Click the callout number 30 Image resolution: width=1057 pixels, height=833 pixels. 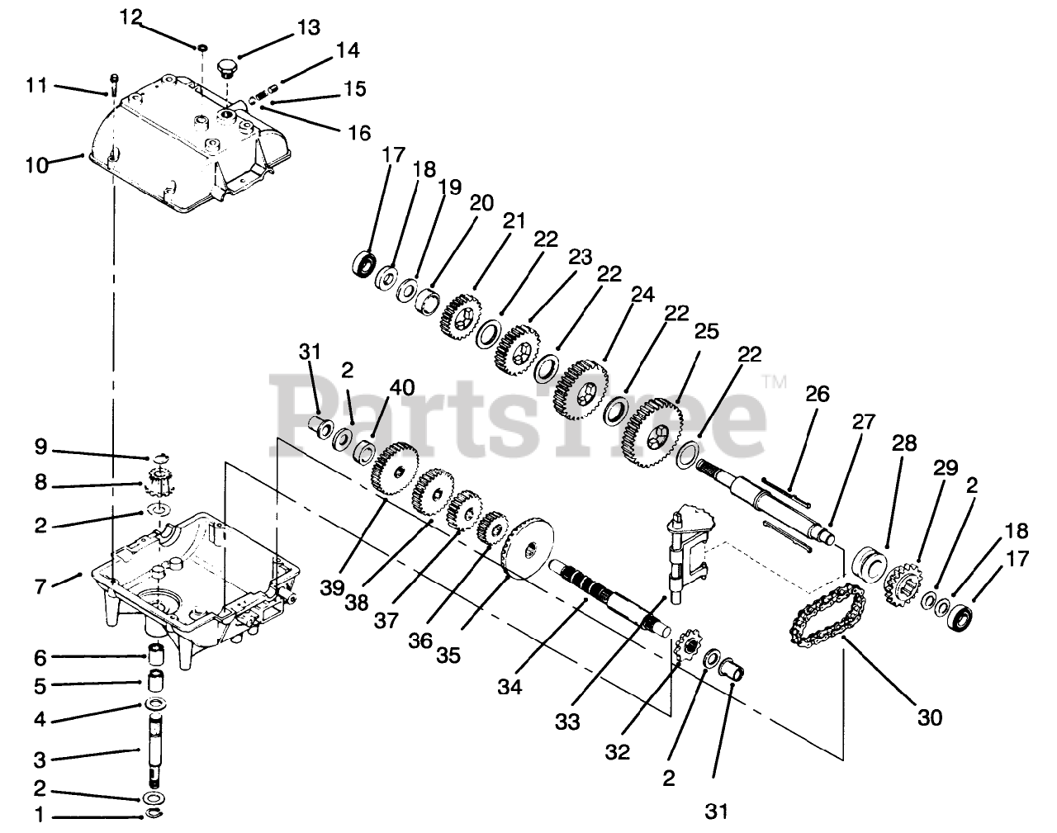click(929, 717)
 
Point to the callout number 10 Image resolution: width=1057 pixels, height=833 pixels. click(37, 165)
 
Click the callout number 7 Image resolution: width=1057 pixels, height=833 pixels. click(40, 588)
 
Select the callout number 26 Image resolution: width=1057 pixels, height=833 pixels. click(817, 395)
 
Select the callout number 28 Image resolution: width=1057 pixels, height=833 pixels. click(904, 443)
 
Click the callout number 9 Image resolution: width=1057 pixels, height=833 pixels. click(40, 449)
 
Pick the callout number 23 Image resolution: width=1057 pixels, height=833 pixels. click(581, 258)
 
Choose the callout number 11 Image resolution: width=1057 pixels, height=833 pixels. click(37, 85)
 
